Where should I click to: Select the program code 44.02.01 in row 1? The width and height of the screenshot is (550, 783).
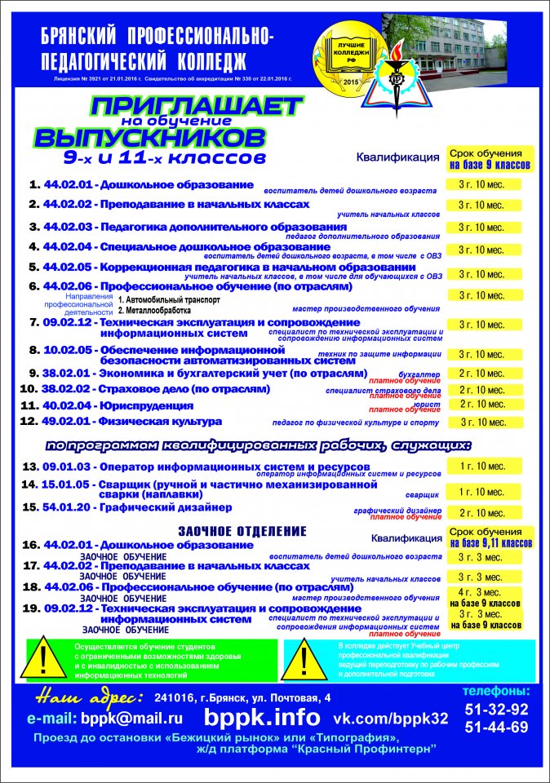[x=69, y=185]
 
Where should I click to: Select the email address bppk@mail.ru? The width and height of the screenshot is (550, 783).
[x=130, y=719]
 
